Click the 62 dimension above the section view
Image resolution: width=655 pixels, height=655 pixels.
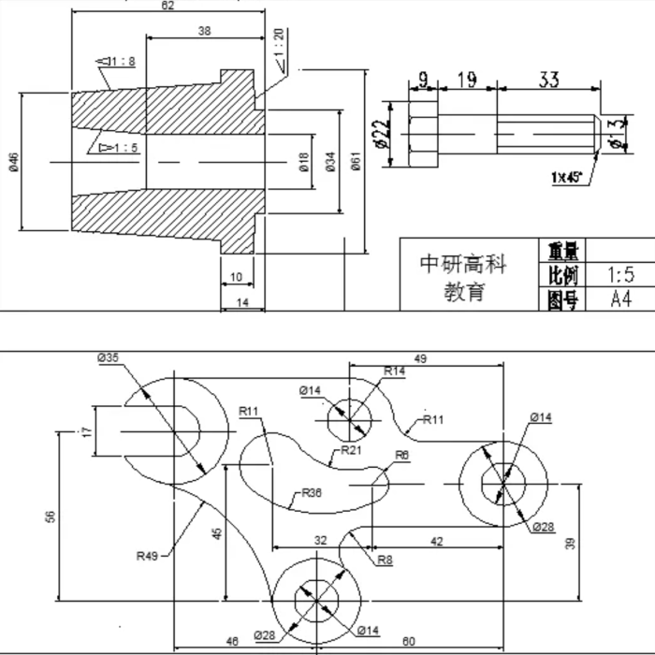click(167, 6)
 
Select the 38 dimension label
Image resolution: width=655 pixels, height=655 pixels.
click(204, 31)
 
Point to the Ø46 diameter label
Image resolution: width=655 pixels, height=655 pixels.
click(13, 163)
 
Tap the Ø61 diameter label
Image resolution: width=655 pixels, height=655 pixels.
click(357, 163)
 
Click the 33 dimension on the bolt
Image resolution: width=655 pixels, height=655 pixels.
click(548, 80)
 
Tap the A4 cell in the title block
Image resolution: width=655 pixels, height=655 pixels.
click(620, 299)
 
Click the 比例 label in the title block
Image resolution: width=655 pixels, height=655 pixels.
click(562, 275)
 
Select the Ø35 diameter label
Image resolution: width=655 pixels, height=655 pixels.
click(108, 357)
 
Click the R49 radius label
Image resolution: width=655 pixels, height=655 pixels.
click(147, 556)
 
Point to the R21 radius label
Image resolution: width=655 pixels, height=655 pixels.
click(351, 450)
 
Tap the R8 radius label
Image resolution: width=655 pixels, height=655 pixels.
click(384, 560)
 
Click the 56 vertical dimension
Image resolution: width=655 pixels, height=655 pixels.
click(51, 516)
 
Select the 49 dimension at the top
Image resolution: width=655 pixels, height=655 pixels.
click(420, 358)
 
